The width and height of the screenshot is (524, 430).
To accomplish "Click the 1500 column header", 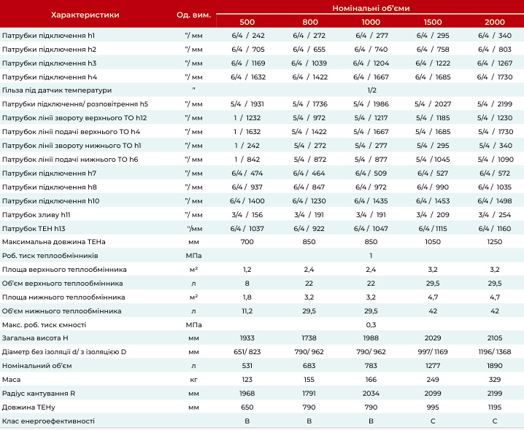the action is pyautogui.click(x=433, y=22).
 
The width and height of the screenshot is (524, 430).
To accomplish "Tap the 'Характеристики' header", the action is pyautogui.click(x=85, y=15).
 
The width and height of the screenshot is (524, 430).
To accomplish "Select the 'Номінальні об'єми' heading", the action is pyautogui.click(x=371, y=8).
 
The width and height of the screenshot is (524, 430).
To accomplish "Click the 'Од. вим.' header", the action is pyautogui.click(x=194, y=15).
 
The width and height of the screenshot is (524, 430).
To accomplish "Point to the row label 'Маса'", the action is pyautogui.click(x=12, y=380).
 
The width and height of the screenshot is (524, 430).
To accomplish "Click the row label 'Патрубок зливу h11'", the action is pyautogui.click(x=36, y=215).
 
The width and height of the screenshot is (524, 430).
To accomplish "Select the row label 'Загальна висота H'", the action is pyautogui.click(x=35, y=338).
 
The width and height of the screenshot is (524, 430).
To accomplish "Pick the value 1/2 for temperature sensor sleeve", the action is pyautogui.click(x=371, y=90).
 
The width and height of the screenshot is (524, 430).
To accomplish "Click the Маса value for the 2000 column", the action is pyautogui.click(x=495, y=380).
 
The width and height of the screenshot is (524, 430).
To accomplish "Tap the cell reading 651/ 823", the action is pyautogui.click(x=247, y=352).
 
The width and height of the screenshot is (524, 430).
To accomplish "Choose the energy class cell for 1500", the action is pyautogui.click(x=433, y=421).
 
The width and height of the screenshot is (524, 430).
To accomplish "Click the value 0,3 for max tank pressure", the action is pyautogui.click(x=371, y=325).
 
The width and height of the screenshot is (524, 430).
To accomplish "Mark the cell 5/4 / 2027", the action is pyautogui.click(x=433, y=104).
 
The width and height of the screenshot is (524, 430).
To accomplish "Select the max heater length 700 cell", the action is pyautogui.click(x=247, y=242).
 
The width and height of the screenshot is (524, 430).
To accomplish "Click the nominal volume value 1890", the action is pyautogui.click(x=495, y=366).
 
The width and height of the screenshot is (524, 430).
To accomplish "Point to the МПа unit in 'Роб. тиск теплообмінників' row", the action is pyautogui.click(x=194, y=256).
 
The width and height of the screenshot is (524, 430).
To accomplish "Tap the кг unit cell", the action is pyautogui.click(x=194, y=380).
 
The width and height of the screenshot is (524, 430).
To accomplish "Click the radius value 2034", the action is pyautogui.click(x=371, y=394).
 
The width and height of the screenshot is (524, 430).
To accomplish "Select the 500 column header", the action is pyautogui.click(x=247, y=22).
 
